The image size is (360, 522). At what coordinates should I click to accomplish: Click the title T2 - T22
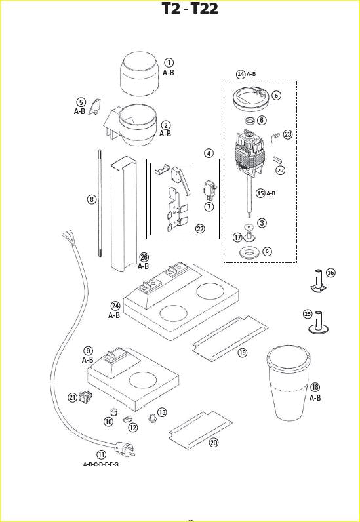(190, 9)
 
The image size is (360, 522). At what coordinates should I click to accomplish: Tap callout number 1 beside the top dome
(169, 62)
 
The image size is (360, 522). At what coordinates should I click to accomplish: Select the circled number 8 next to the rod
(92, 198)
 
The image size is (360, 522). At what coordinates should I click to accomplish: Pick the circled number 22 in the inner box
(201, 228)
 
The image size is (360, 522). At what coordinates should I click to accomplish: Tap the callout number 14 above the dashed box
(241, 74)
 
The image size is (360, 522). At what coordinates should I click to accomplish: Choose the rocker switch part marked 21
(85, 397)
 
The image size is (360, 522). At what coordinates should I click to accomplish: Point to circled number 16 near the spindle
(330, 273)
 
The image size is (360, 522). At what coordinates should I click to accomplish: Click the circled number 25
(308, 313)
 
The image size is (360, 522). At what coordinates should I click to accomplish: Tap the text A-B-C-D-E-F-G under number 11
(100, 464)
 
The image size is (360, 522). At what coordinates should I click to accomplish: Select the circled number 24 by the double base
(115, 306)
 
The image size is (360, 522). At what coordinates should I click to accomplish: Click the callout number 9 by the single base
(88, 351)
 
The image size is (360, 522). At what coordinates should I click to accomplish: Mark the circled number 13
(162, 412)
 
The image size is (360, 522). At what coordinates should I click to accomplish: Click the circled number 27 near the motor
(281, 171)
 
